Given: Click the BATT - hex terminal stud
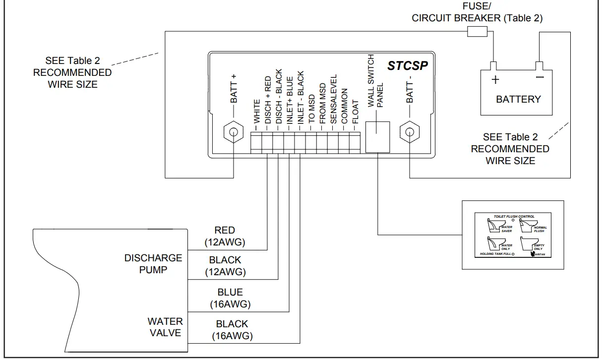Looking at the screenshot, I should coord(410,132).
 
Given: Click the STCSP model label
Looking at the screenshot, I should coord(407,66).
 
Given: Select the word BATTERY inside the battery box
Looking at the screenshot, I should coord(518,99).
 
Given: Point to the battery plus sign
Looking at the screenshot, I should coord(495,80).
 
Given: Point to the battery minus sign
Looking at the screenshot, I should coord(540,77).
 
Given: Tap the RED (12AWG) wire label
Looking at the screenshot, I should coord(225,237).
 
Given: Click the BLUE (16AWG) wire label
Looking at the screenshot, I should coord(230,298).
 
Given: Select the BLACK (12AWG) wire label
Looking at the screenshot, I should coord(225,266).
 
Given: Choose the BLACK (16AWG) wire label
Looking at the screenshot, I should coord(232,330).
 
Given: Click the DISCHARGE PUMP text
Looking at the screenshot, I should coord(153,264).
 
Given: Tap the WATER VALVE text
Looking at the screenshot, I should coord(166,327).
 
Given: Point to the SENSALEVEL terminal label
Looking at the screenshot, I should coord(334,99).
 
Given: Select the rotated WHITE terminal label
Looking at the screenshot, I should coord(257,111).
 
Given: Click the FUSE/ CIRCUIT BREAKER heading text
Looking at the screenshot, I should coord(477,13).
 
